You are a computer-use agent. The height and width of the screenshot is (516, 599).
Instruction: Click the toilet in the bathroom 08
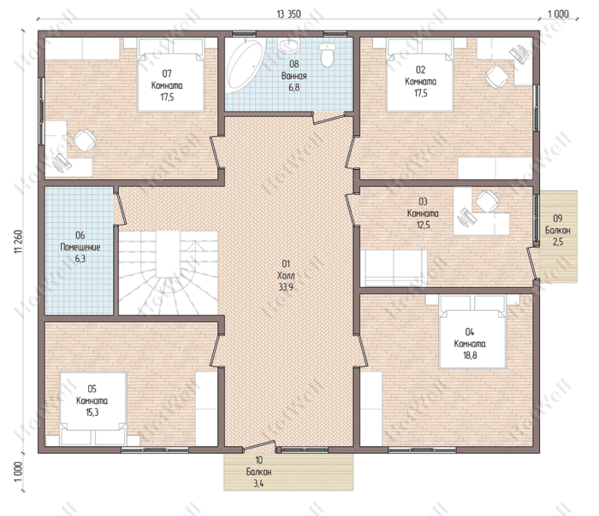[x=328, y=56]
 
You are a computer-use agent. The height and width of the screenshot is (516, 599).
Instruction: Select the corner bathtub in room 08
[x=244, y=65]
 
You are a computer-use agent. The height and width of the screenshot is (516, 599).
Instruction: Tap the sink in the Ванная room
[x=288, y=45]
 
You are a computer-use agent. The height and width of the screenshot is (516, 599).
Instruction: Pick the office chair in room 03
[x=488, y=201]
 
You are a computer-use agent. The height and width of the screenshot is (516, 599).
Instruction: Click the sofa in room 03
[x=394, y=267]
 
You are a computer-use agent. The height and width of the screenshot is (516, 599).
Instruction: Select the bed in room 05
[x=93, y=408]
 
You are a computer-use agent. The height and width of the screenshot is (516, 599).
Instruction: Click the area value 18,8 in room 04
[x=470, y=355]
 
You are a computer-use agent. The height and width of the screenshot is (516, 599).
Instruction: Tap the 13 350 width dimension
[x=289, y=15]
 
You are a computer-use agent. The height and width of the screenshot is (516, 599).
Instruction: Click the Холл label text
[x=286, y=275]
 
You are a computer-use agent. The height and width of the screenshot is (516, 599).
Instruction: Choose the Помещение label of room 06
[x=80, y=247]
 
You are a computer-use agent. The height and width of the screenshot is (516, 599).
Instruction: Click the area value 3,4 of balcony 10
[x=258, y=484]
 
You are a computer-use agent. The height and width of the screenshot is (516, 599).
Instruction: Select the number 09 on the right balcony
[x=558, y=219]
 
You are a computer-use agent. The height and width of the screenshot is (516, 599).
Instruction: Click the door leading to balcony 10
[x=259, y=445]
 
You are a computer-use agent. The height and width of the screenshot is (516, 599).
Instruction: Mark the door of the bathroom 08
[x=329, y=118]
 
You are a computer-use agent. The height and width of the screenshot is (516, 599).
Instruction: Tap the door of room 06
[x=120, y=206]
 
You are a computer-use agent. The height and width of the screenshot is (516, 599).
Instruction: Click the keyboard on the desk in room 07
[x=62, y=162]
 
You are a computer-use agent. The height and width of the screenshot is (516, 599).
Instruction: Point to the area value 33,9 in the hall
[x=286, y=287]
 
